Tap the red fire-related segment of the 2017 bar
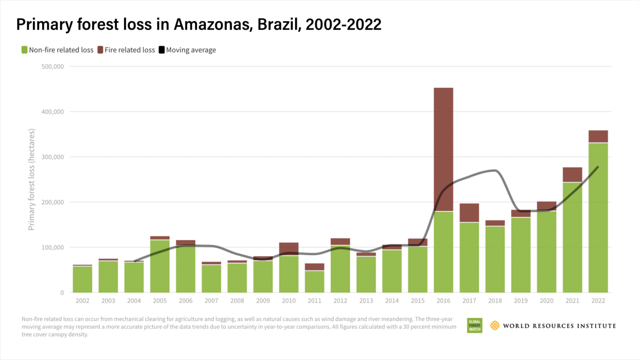click(469, 213)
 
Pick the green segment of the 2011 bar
click(315, 282)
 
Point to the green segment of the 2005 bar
click(160, 266)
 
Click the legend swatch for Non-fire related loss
click(25, 50)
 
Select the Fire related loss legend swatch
click(100, 50)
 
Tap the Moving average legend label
click(191, 50)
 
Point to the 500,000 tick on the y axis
click(52, 67)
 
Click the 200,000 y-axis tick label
click(52, 202)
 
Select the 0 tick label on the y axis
click(62, 293)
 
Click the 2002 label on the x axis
click(82, 301)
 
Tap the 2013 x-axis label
click(366, 301)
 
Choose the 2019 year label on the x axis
click(520, 301)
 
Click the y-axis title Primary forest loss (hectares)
click(31, 180)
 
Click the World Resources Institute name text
click(559, 326)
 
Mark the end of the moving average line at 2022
click(598, 167)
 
